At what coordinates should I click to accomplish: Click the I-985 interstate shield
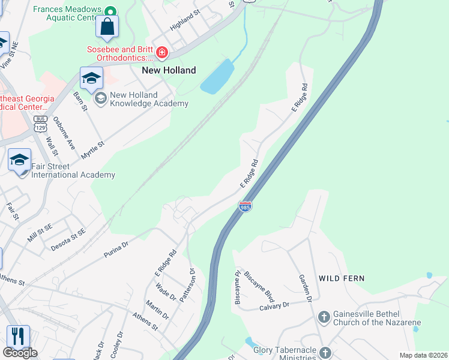pyautogui.click(x=245, y=206)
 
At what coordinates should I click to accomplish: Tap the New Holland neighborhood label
pyautogui.click(x=169, y=70)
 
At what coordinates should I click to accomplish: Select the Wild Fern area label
pyautogui.click(x=342, y=278)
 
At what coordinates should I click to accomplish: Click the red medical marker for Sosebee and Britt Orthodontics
pyautogui.click(x=161, y=53)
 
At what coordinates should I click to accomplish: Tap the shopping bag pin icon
pyautogui.click(x=107, y=27)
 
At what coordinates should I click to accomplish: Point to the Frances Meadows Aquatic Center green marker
pyautogui.click(x=110, y=11)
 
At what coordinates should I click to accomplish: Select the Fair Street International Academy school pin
pyautogui.click(x=19, y=160)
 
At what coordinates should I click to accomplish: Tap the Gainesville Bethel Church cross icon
pyautogui.click(x=324, y=317)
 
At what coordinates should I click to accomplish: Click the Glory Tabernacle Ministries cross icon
pyautogui.click(x=325, y=352)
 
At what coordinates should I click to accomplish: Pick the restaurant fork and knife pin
pyautogui.click(x=18, y=335)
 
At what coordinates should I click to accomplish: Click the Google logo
pyautogui.click(x=20, y=353)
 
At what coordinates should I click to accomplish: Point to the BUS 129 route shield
pyautogui.click(x=40, y=123)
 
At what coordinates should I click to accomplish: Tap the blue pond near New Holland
pyautogui.click(x=217, y=77)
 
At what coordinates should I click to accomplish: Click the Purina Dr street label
pyautogui.click(x=117, y=245)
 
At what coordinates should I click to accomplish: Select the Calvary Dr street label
pyautogui.click(x=274, y=305)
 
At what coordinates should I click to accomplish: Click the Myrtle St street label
pyautogui.click(x=93, y=150)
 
